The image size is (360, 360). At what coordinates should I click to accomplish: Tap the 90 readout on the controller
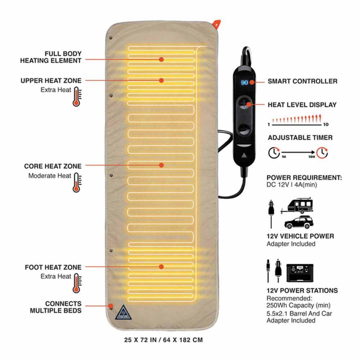click(x=244, y=82)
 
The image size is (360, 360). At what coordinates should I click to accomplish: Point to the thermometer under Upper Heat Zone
click(x=76, y=97)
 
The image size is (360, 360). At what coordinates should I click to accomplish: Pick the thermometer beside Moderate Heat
click(x=76, y=183)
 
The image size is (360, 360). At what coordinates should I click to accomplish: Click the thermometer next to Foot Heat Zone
click(x=76, y=283)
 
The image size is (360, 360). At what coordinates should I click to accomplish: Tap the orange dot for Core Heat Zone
click(x=161, y=165)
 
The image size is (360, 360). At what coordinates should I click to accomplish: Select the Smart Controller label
click(x=302, y=81)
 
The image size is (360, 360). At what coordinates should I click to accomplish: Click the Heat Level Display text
click(x=302, y=105)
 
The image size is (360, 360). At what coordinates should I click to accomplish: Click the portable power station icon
click(x=300, y=273)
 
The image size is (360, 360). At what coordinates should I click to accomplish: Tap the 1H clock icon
click(x=274, y=152)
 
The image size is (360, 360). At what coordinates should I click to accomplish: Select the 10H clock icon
click(x=322, y=152)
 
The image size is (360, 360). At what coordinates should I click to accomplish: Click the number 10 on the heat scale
click(x=326, y=124)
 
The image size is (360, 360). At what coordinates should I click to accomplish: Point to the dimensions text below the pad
click(x=163, y=340)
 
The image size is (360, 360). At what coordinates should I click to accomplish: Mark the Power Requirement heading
click(x=304, y=178)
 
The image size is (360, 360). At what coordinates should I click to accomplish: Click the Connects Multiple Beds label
click(x=56, y=307)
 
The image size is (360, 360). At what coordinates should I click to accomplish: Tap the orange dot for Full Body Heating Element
click(x=161, y=59)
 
